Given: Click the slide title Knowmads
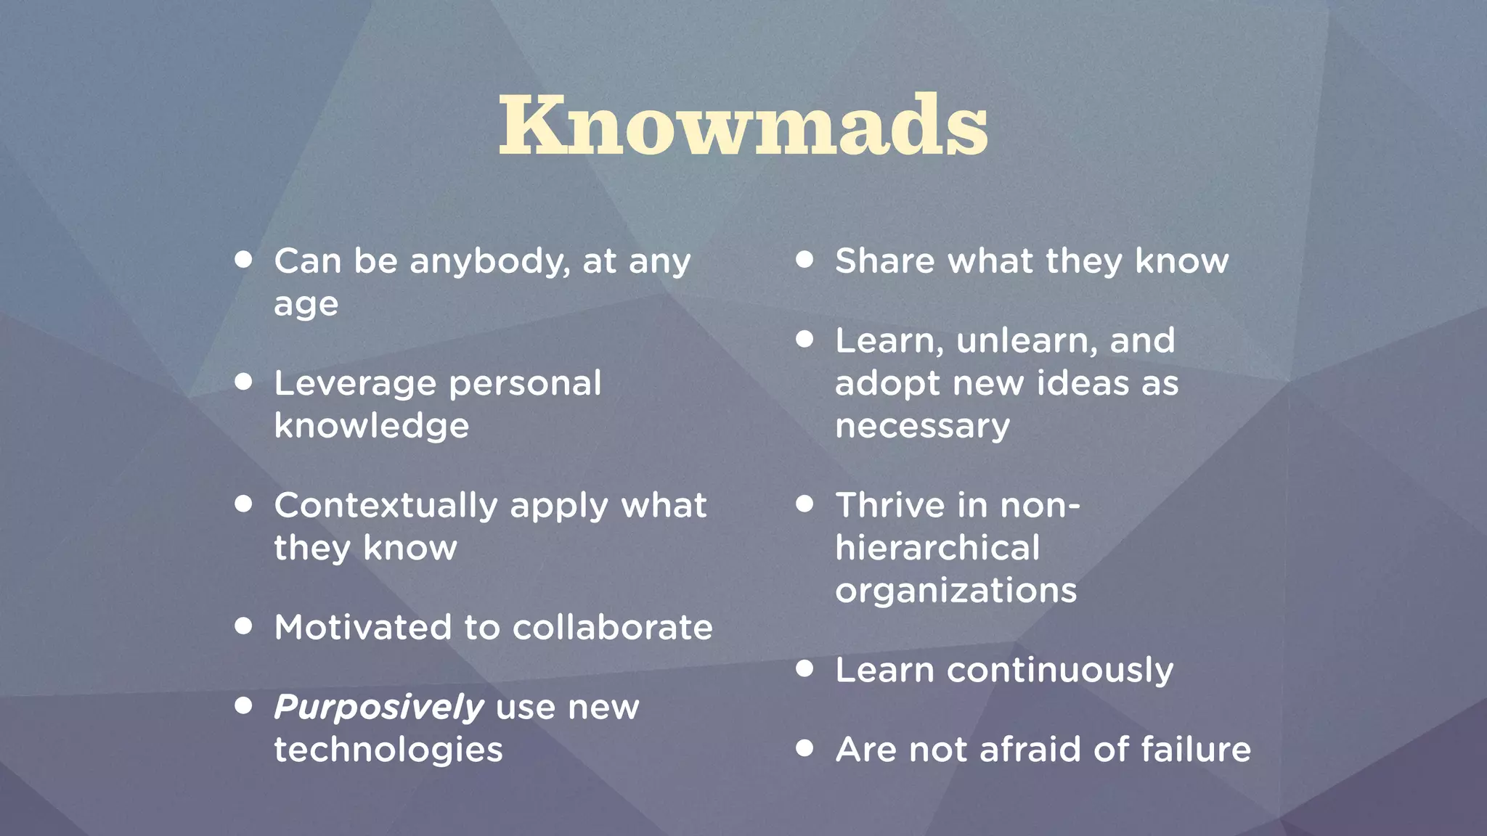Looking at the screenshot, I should click(743, 125).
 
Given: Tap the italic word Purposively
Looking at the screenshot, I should click(378, 707).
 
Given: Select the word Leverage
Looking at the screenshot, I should click(355, 384).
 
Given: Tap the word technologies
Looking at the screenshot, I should click(388, 750).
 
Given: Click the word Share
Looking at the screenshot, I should click(884, 261).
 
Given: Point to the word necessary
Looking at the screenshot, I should click(922, 427).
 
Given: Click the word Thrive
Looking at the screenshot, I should click(890, 506).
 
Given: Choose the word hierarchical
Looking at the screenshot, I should click(937, 548).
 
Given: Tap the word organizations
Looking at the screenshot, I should click(956, 591).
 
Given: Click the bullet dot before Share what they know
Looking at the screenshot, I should click(804, 259).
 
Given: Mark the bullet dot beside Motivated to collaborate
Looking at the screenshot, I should click(243, 626).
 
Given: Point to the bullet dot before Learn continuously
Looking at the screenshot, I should click(804, 668).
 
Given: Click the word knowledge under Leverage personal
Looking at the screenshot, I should click(371, 426).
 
